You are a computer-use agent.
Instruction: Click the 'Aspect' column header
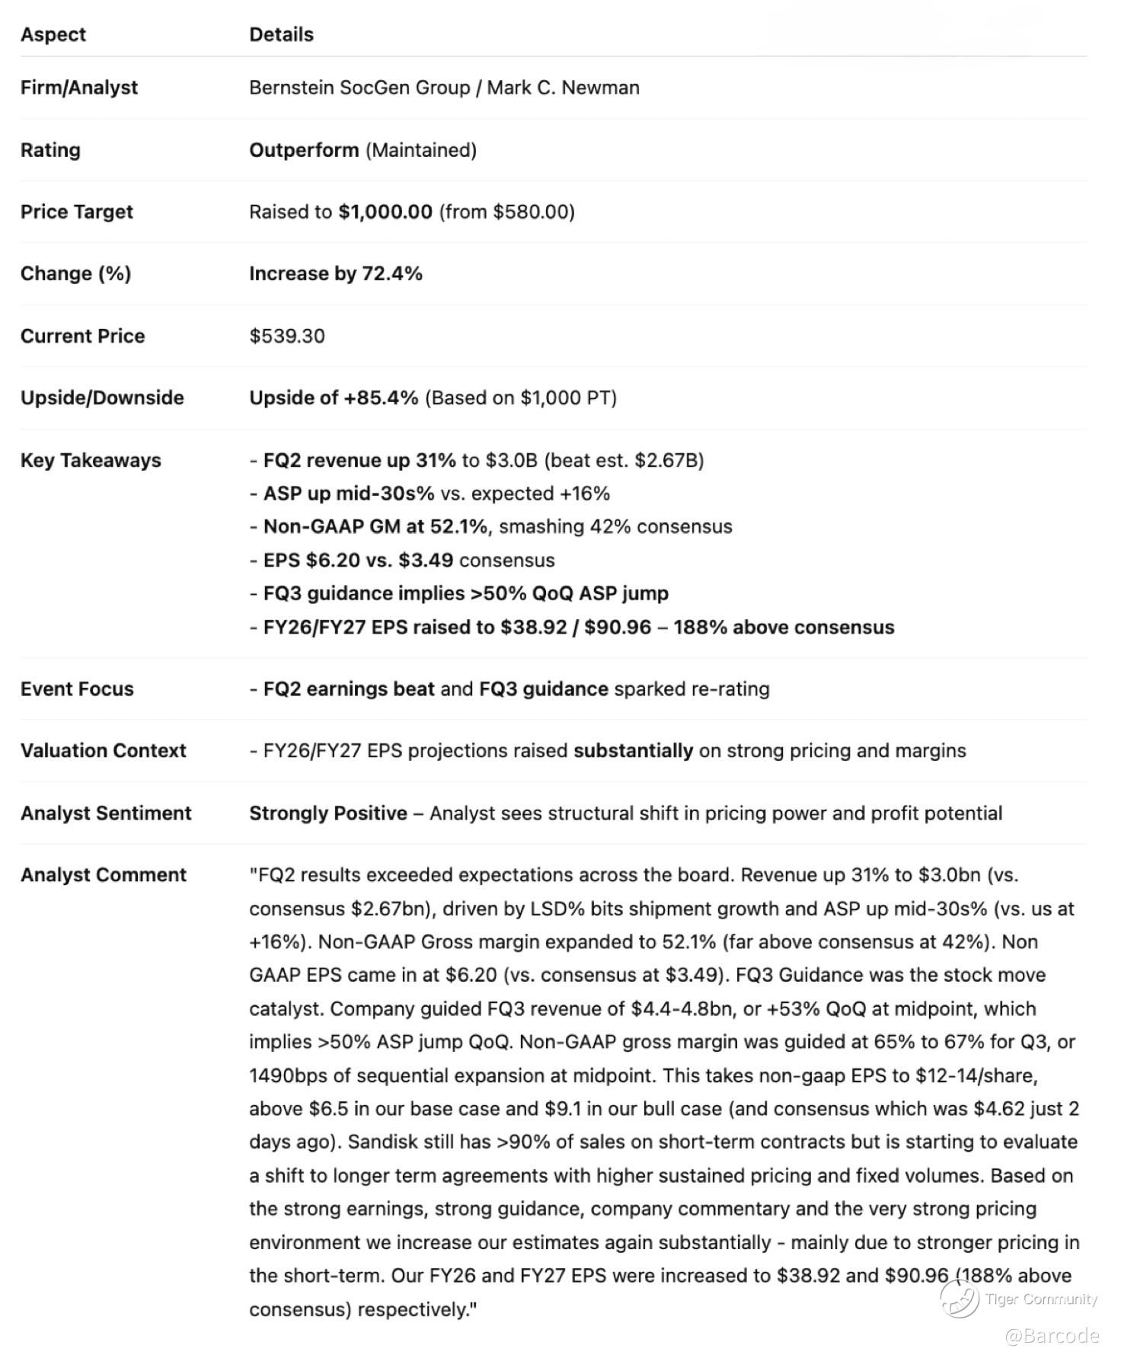[x=53, y=34]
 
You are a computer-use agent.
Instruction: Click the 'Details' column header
[x=281, y=34]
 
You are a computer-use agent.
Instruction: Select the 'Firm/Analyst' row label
[x=79, y=88]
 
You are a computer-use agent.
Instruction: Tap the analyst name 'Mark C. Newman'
[x=563, y=88]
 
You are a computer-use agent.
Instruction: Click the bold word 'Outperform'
[x=304, y=150]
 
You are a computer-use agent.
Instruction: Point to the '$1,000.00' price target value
[x=385, y=212]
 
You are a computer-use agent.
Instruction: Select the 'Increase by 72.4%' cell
[x=336, y=273]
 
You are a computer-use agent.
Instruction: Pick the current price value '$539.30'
[x=287, y=336]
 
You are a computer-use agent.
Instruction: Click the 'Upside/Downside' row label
[x=102, y=398]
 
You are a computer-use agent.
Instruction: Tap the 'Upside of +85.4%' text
[x=334, y=398]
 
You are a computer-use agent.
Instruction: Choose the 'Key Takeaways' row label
[x=91, y=460]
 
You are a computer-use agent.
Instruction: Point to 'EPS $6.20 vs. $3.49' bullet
[x=358, y=560]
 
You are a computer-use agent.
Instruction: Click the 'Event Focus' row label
[x=77, y=688]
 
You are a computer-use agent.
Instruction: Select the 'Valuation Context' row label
[x=104, y=750]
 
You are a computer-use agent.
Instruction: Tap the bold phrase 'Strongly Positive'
[x=328, y=813]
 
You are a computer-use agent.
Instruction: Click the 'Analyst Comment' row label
[x=104, y=874]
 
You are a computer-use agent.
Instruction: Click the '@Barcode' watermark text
[x=1052, y=1336]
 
